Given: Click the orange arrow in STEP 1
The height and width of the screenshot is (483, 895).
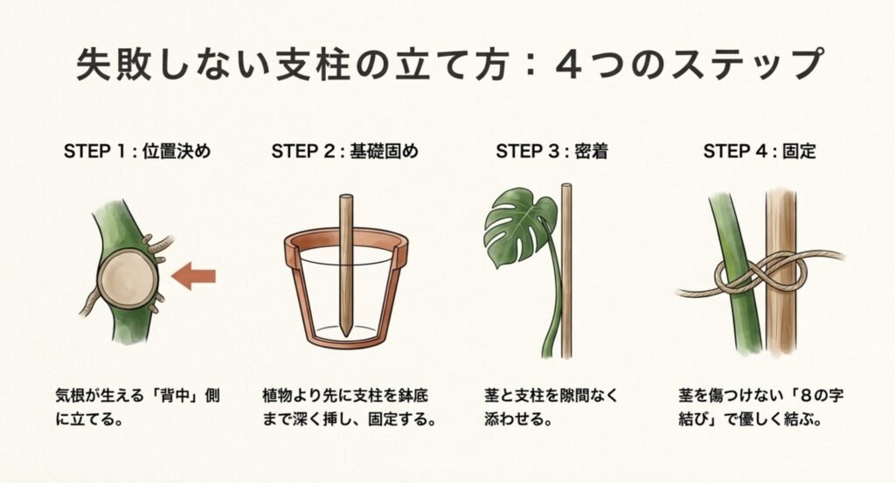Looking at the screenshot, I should point(194,278).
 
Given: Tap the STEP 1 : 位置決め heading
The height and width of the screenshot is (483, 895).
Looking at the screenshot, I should point(137,151).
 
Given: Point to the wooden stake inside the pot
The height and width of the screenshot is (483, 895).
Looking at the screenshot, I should point(349,262).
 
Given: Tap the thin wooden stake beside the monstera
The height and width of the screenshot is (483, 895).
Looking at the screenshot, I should point(566,271).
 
